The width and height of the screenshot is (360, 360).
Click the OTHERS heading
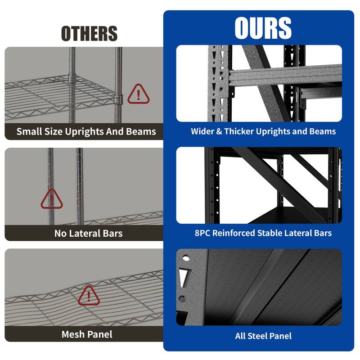pyautogui.click(x=89, y=34)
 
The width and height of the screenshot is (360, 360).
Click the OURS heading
pyautogui.click(x=263, y=28)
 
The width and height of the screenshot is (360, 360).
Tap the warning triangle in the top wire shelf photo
pyautogui.click(x=139, y=94)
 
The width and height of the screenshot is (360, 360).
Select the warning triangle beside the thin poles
pyautogui.click(x=52, y=199)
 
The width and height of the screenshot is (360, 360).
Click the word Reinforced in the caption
pyautogui.click(x=233, y=233)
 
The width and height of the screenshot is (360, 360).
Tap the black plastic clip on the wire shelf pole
pyautogui.click(x=118, y=99)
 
